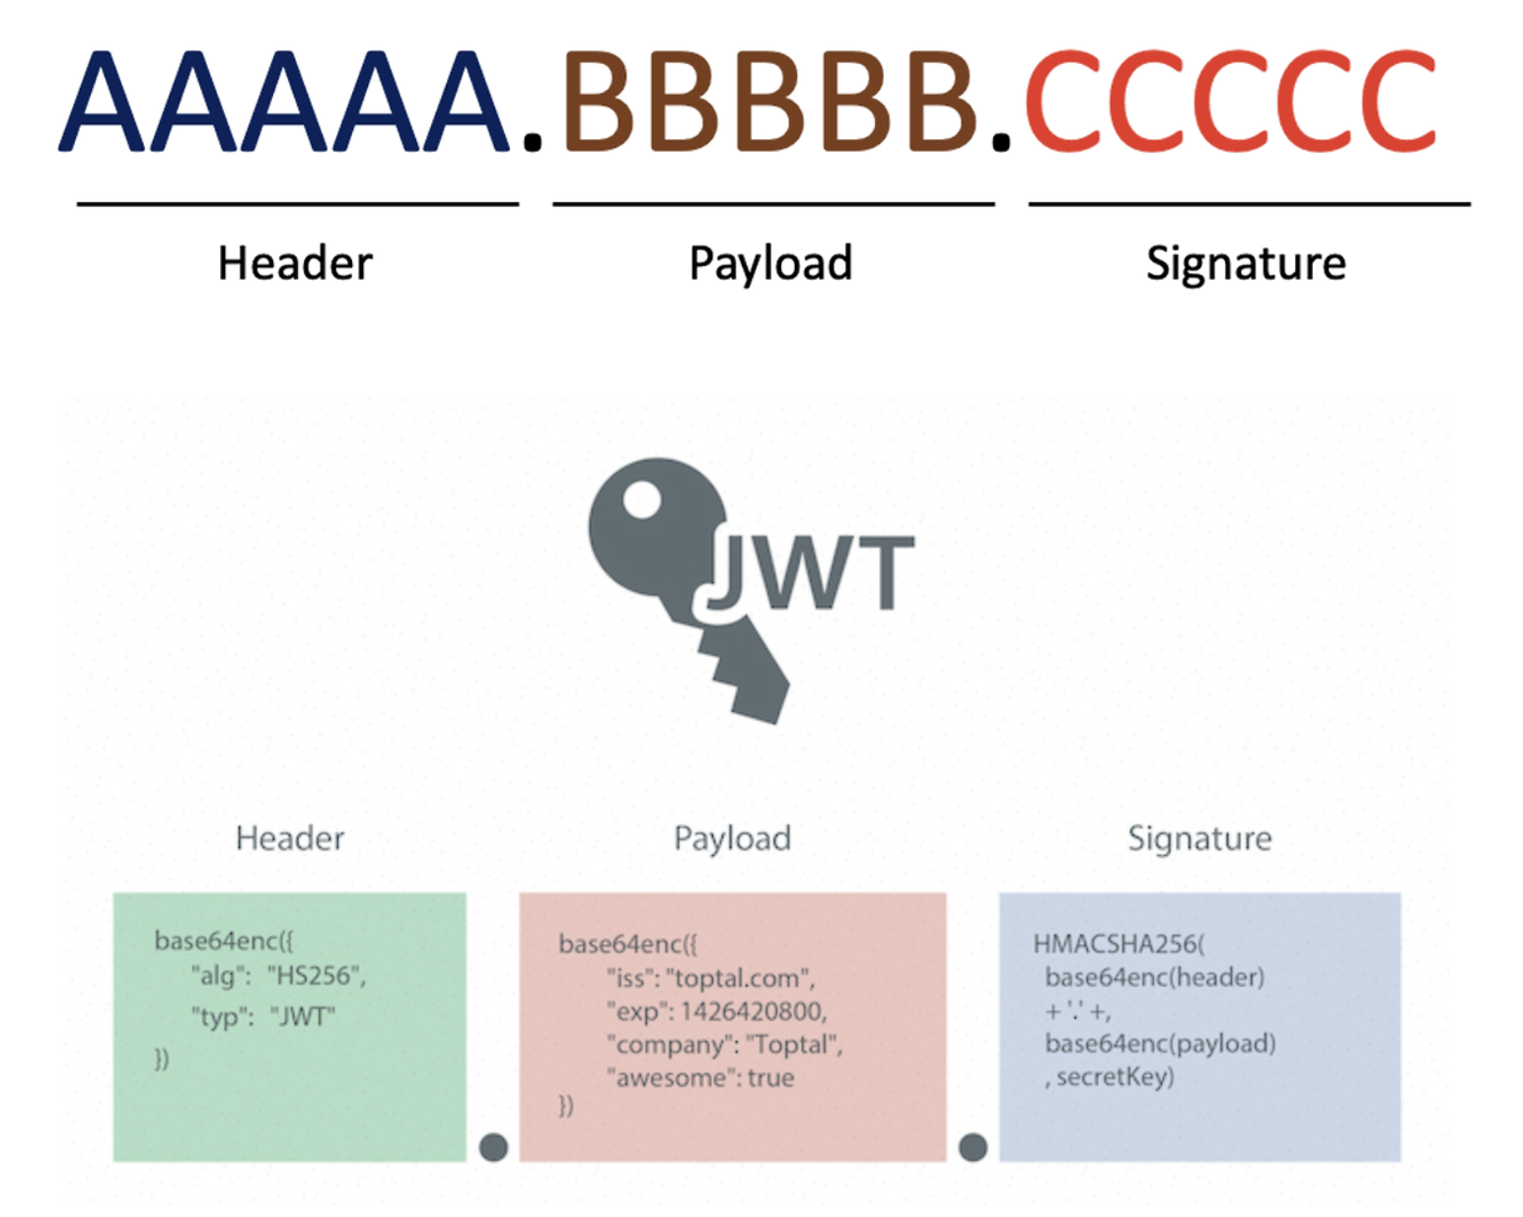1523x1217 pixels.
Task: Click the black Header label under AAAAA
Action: [x=295, y=263]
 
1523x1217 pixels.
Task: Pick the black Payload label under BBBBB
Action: [x=770, y=263]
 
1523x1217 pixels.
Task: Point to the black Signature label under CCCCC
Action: [x=1246, y=263]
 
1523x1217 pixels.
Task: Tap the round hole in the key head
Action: [x=642, y=499]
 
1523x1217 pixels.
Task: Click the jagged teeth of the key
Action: [x=745, y=676]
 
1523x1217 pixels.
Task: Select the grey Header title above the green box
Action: [x=290, y=838]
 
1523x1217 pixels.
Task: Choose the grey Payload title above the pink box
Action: [x=732, y=838]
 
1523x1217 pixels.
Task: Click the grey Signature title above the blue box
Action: [x=1199, y=838]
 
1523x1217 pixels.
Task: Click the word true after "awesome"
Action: [x=770, y=1078]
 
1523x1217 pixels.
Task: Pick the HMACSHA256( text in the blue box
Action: [x=1119, y=944]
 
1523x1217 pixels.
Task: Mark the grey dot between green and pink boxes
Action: [x=493, y=1147]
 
